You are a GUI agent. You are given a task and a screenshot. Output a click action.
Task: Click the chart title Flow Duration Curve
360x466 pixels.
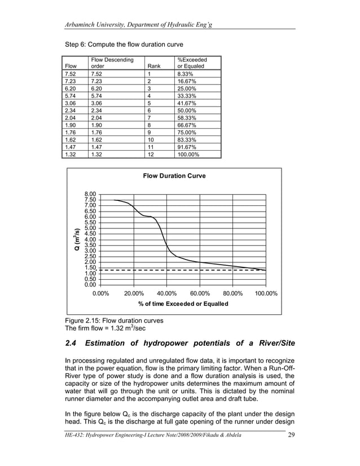coord(174,176)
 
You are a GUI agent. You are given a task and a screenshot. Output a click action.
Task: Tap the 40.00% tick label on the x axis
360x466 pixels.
coord(166,293)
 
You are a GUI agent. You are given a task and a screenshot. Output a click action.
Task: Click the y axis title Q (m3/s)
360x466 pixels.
coord(74,239)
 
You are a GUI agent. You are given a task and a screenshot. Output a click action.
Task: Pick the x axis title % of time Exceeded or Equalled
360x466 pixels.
coord(183,304)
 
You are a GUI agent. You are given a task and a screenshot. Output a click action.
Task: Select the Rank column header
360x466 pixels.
coord(153,66)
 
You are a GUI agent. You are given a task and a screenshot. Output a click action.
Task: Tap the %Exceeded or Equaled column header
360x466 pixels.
coord(192,63)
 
